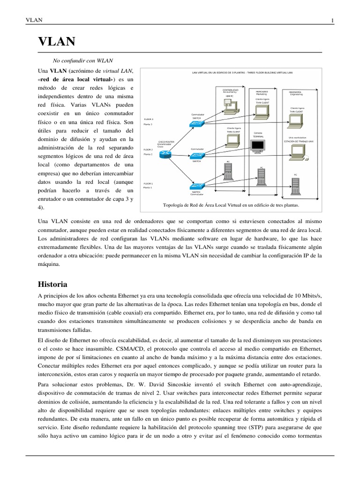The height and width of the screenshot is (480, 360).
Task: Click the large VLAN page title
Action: point(57,42)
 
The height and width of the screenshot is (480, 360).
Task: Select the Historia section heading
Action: point(52,285)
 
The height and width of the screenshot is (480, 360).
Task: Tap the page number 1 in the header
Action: point(332,20)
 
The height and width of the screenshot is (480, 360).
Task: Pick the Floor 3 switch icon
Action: point(196,123)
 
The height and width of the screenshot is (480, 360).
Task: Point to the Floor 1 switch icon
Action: point(196,186)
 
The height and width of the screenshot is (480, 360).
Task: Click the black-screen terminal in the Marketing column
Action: point(258,146)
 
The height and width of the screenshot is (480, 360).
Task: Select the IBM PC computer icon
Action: point(230,107)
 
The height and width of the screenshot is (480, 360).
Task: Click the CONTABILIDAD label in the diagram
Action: point(230,89)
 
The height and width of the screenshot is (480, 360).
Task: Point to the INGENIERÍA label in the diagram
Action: point(295,92)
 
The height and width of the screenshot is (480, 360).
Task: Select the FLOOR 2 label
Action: point(148,150)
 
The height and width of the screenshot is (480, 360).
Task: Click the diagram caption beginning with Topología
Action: point(230,205)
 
